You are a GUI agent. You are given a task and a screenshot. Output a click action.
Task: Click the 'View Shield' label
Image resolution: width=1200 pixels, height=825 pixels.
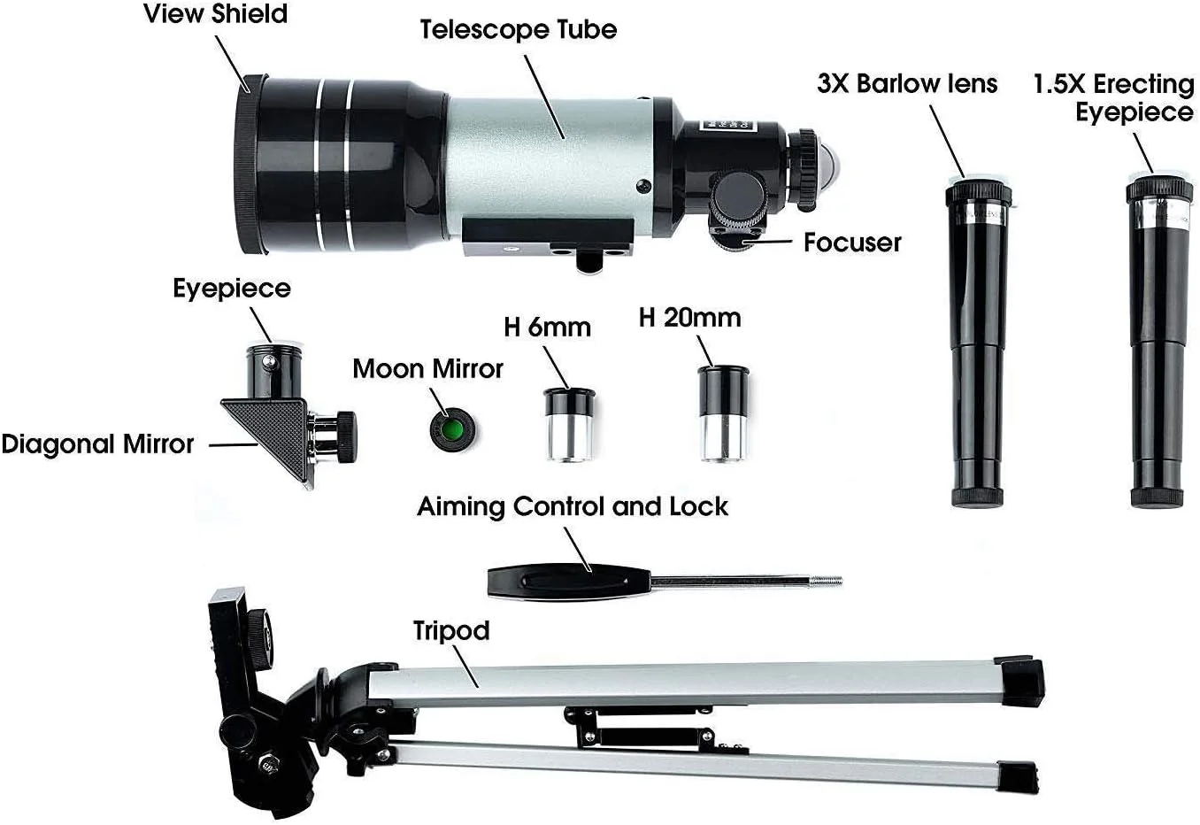pos(215,13)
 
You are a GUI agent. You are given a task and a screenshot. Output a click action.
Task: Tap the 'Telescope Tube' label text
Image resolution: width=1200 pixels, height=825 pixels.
pos(518,29)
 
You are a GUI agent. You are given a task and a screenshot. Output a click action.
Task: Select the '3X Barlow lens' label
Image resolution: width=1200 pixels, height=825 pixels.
pos(907,83)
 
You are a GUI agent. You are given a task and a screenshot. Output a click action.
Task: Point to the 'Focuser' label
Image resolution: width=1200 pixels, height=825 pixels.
pos(852,243)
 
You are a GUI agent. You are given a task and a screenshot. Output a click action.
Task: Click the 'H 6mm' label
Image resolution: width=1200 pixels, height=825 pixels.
pos(547,327)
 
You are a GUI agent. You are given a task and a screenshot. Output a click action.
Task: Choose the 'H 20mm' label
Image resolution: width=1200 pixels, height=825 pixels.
pos(690,318)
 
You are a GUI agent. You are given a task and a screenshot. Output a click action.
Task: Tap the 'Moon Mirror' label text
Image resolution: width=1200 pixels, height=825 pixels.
pos(428,368)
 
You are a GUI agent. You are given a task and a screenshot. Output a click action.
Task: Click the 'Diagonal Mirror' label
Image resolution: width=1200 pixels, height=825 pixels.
pos(97,444)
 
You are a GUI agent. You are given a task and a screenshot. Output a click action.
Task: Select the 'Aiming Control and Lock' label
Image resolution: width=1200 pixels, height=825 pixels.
pos(573,507)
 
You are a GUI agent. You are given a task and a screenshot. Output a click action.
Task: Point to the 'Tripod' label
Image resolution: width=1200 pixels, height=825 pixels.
pos(451,630)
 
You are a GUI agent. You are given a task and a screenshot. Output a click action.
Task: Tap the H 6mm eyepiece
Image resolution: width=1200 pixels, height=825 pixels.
pos(569,424)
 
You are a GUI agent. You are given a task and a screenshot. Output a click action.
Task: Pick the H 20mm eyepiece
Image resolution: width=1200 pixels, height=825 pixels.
pos(723,412)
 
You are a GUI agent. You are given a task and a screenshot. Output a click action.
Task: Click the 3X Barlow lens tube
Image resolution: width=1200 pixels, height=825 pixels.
pos(978,343)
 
